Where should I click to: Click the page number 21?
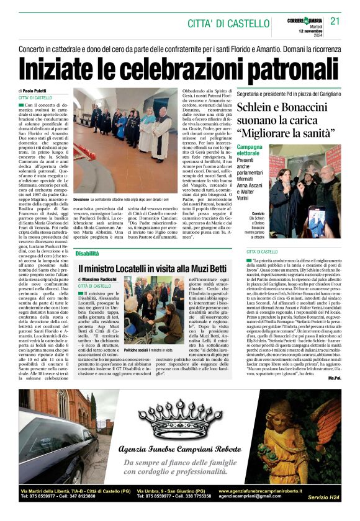point(335,21)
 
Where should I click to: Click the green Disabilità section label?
point(88,254)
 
